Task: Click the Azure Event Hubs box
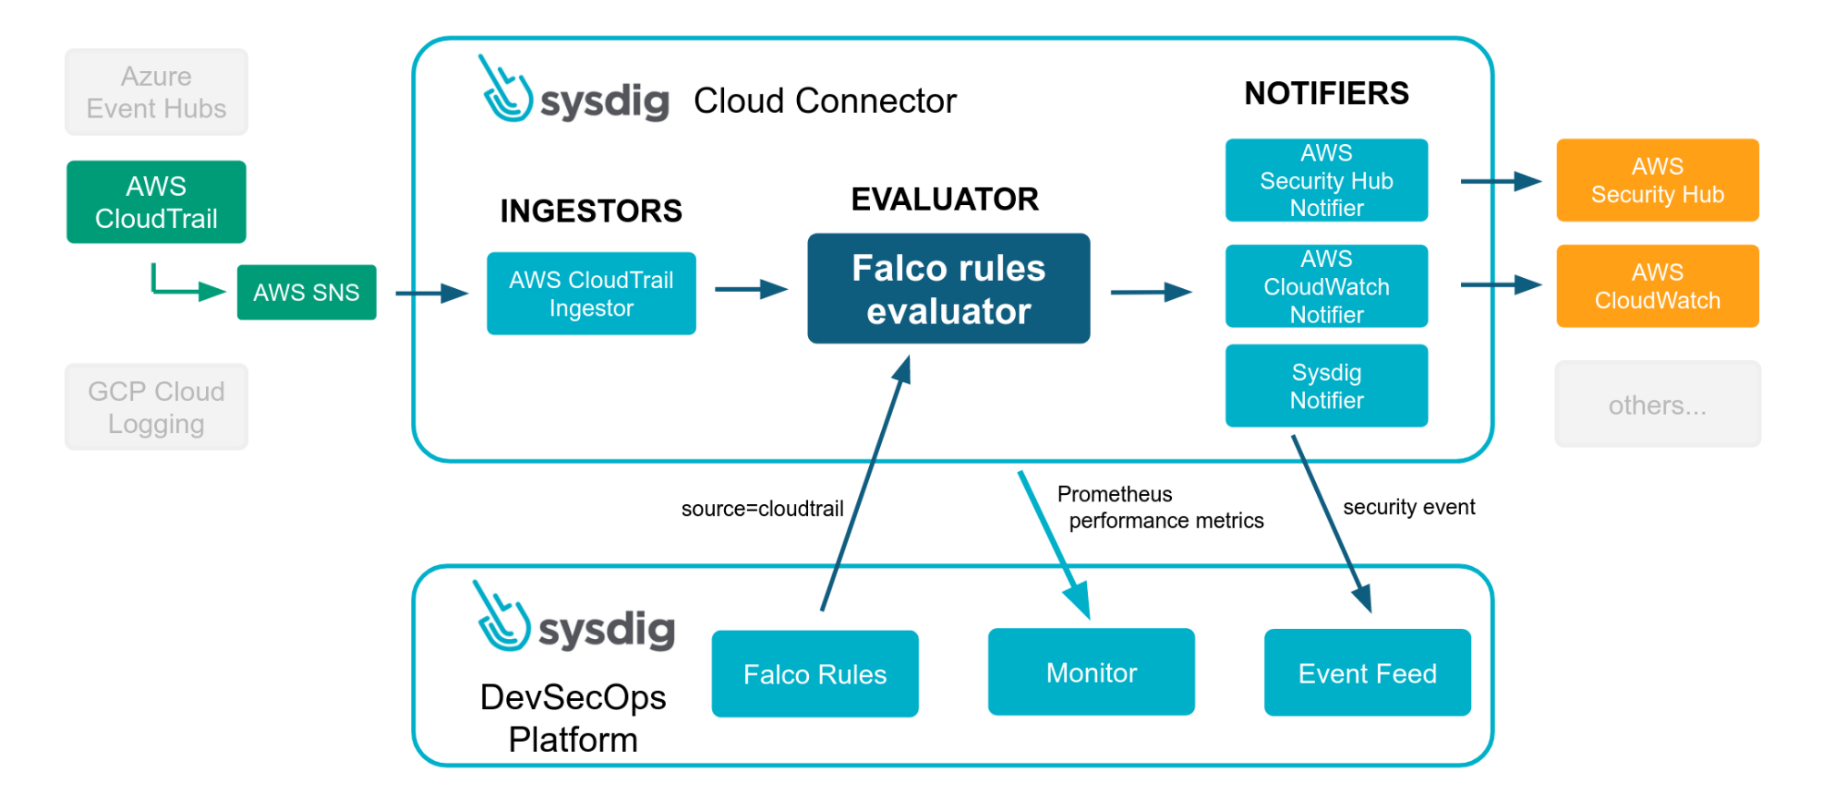tap(156, 92)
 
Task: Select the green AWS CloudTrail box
tap(156, 202)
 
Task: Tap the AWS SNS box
tap(306, 293)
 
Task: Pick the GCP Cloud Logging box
tap(156, 407)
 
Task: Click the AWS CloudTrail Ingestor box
tap(591, 294)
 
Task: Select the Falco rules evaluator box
tap(948, 289)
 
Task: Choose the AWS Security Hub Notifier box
tap(1327, 180)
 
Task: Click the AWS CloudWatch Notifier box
tap(1327, 286)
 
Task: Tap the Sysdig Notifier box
tap(1327, 386)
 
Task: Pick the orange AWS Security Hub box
tap(1658, 180)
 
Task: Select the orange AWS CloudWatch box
tap(1658, 286)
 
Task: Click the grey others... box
tap(1658, 405)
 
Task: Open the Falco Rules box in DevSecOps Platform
tap(815, 674)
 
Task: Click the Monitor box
tap(1092, 672)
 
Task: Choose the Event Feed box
tap(1368, 673)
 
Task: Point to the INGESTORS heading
tap(591, 211)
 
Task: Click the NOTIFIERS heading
tap(1327, 93)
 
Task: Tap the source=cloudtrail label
tap(762, 509)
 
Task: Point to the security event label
tap(1409, 507)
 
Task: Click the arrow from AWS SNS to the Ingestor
tap(432, 294)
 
